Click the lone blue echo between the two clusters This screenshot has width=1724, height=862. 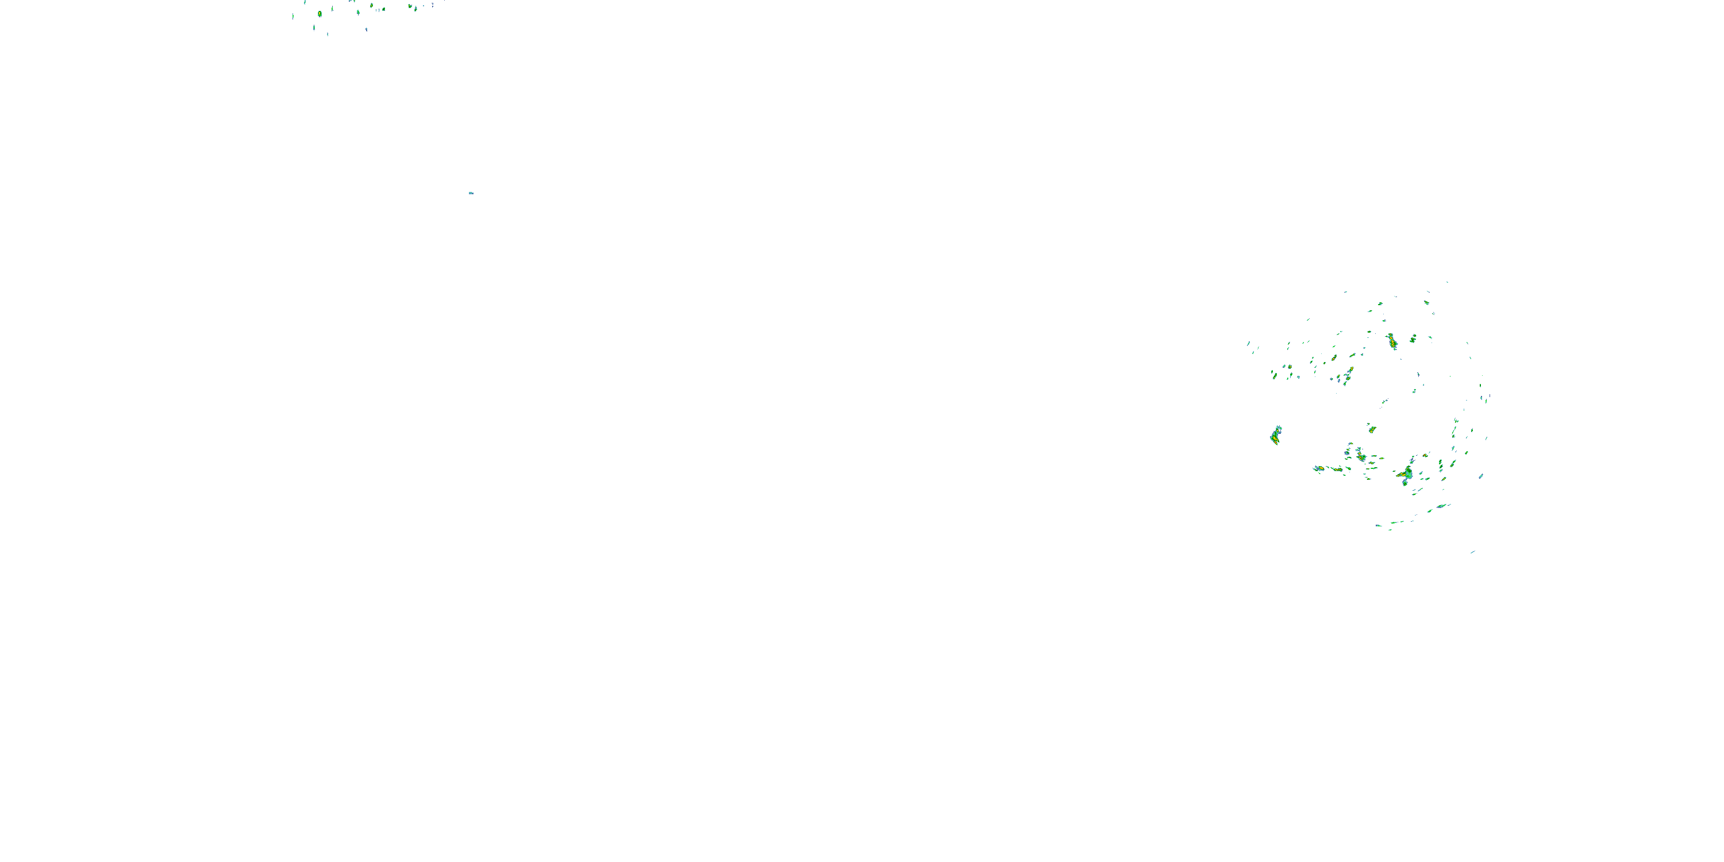click(471, 193)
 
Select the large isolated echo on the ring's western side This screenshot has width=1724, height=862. click(1276, 436)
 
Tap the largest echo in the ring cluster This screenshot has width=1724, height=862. click(1406, 475)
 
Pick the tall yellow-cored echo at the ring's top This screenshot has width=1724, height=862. click(1392, 341)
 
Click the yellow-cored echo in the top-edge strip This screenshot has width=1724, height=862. click(320, 13)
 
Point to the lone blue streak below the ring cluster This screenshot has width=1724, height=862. click(1472, 552)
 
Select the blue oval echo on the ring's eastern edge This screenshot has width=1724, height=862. click(1480, 476)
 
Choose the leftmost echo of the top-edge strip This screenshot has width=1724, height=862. click(293, 16)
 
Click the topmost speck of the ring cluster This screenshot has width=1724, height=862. click(1447, 282)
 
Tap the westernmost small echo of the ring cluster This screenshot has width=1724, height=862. click(1248, 343)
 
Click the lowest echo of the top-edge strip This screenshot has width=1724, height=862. click(327, 34)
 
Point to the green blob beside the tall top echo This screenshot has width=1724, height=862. click(1413, 338)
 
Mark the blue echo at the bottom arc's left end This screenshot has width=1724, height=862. click(1379, 525)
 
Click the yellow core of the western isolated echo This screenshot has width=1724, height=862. click(1276, 438)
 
